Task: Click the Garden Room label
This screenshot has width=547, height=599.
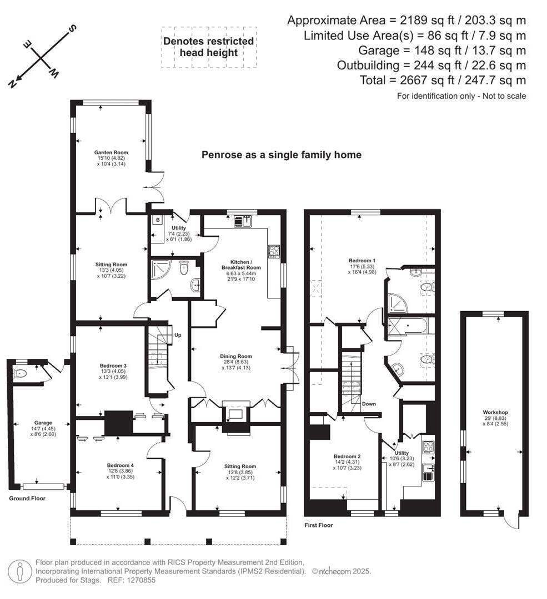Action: pos(111,153)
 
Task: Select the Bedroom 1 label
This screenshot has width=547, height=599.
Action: pos(362,261)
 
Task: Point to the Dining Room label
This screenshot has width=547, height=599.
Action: pos(237,357)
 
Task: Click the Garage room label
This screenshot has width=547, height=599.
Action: pos(38,423)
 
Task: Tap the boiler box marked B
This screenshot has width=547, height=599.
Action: pos(158,220)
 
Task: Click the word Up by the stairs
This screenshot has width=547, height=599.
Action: pos(178,335)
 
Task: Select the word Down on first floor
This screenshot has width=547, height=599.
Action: pos(369,404)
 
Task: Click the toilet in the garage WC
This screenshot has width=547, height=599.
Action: pos(21,373)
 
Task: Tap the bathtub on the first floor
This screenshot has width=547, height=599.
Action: pos(409,325)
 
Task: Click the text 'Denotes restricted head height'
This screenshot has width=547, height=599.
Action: pos(208,47)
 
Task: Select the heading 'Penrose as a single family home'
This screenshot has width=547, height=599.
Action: pos(281,155)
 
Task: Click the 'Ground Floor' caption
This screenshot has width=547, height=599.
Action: pos(27,499)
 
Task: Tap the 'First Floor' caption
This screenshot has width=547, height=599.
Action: pos(319,525)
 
